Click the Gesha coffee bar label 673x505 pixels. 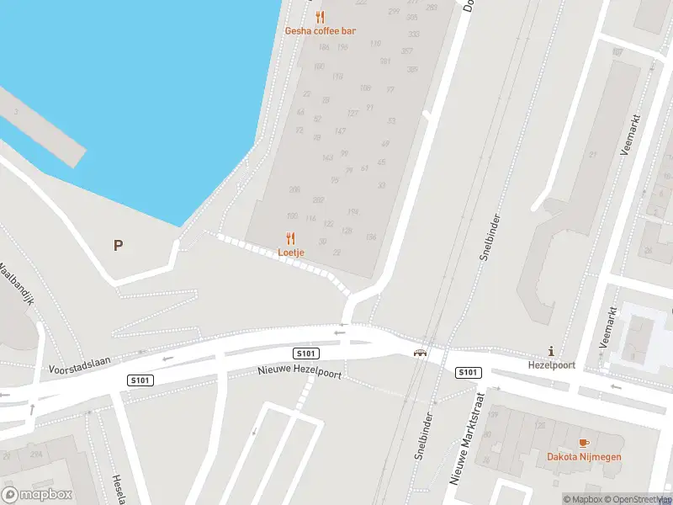320,31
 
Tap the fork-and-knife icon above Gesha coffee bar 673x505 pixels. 320,17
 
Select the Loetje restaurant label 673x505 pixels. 291,252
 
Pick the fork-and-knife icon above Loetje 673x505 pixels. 291,237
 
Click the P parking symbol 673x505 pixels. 119,246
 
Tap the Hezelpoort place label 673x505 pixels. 551,365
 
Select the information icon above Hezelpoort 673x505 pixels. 551,351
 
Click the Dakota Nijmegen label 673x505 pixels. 583,457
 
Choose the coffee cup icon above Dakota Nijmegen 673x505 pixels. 583,443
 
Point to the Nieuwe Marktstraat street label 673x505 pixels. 469,438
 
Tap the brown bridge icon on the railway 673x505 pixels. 418,353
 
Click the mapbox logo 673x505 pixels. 37,495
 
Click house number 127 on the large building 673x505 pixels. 352,113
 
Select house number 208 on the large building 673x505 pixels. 294,189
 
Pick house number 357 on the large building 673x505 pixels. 407,51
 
